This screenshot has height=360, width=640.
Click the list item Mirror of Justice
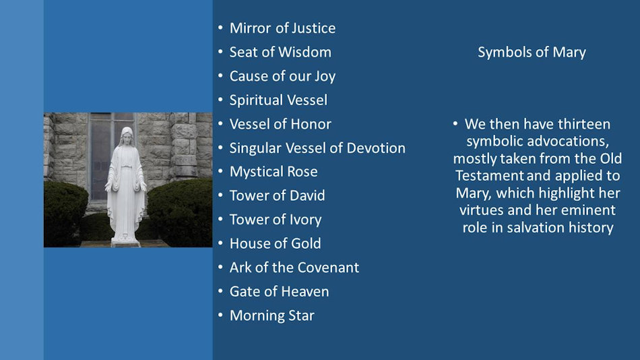[x=282, y=28]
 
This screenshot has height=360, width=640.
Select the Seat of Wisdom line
[x=280, y=52]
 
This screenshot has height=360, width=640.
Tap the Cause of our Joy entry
[x=282, y=76]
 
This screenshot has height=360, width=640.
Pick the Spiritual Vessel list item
[x=278, y=100]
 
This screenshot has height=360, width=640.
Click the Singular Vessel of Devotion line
[x=317, y=148]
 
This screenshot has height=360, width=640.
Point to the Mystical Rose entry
[x=274, y=172]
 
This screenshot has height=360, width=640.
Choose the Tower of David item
[x=277, y=196]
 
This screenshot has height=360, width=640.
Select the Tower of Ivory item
[x=276, y=220]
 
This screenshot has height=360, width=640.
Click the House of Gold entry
[x=275, y=243]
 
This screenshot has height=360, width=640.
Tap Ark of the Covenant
[x=294, y=268]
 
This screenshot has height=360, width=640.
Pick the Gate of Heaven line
[x=279, y=291]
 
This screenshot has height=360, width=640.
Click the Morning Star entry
[x=271, y=316]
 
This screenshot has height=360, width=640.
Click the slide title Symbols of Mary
[x=532, y=53]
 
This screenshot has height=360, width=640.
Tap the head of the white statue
[x=126, y=136]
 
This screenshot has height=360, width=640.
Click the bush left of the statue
[x=65, y=209]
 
